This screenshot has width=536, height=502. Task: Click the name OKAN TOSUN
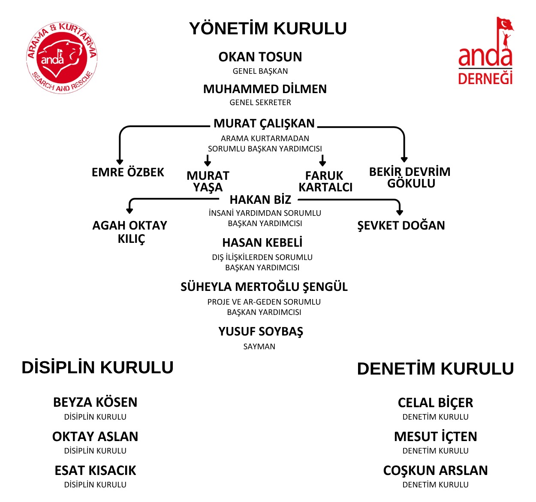[260, 57]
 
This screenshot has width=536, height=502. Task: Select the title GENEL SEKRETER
[260, 103]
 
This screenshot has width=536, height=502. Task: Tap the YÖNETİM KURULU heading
[268, 28]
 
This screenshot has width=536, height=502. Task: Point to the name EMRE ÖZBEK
[128, 172]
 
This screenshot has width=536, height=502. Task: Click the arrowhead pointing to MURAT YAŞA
[207, 164]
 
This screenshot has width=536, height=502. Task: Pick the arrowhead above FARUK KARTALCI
[322, 164]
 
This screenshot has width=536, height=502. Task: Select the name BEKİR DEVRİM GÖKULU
[410, 178]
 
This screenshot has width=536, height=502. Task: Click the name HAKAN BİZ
[260, 200]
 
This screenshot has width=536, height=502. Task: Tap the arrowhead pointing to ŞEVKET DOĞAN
[400, 212]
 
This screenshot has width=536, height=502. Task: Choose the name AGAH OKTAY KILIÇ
[130, 232]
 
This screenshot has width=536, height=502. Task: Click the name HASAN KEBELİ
[262, 242]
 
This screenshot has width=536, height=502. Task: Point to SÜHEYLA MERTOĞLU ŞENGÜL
[264, 287]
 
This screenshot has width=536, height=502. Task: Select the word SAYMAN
[259, 346]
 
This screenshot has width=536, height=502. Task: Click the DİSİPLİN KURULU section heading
[97, 367]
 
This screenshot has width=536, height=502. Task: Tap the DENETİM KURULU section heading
[435, 369]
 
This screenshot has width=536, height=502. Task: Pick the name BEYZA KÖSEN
[95, 402]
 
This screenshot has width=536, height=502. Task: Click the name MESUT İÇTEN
[435, 436]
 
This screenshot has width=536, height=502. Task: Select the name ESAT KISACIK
[95, 470]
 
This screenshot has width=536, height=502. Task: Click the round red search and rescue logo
[62, 58]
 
